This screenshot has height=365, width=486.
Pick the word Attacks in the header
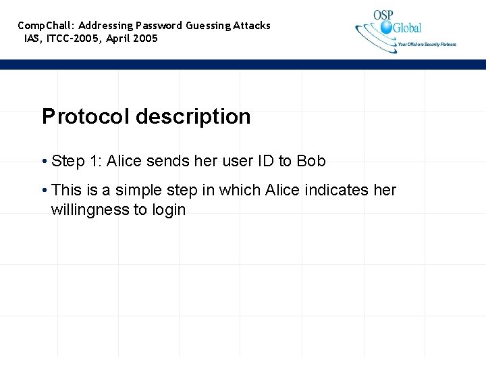(252, 26)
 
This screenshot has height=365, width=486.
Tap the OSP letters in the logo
(383, 15)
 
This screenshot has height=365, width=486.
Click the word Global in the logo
(407, 28)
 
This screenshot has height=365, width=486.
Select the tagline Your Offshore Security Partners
(427, 45)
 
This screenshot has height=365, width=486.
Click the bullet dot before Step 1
(44, 162)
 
